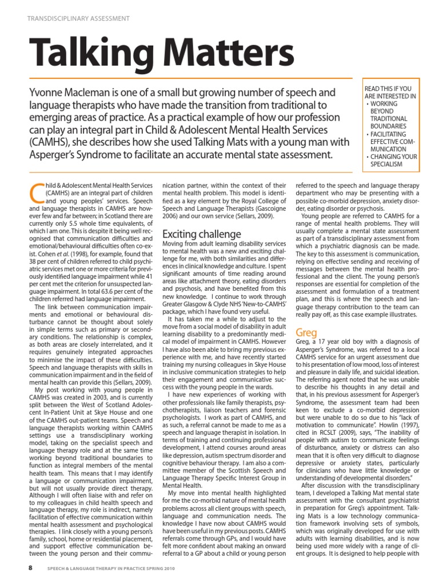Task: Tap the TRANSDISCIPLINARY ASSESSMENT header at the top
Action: (78, 18)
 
